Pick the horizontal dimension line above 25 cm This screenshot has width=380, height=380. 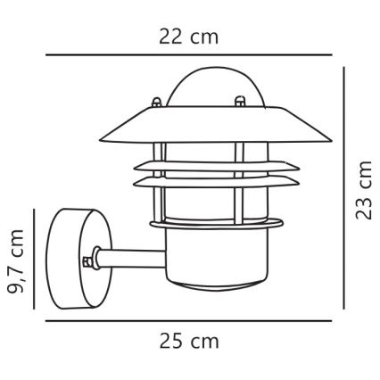coord(187,320)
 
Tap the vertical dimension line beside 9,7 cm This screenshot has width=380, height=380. coord(35,260)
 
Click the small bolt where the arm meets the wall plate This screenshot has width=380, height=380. coord(87,263)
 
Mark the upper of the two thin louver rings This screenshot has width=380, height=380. coord(198,165)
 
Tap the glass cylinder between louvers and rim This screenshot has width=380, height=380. coord(198,205)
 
